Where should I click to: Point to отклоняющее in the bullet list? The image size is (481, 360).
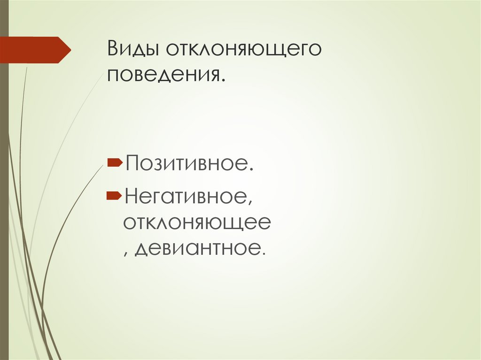[197, 222]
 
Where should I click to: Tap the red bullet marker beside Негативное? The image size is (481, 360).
[114, 193]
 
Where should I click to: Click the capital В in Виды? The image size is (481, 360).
[112, 49]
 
